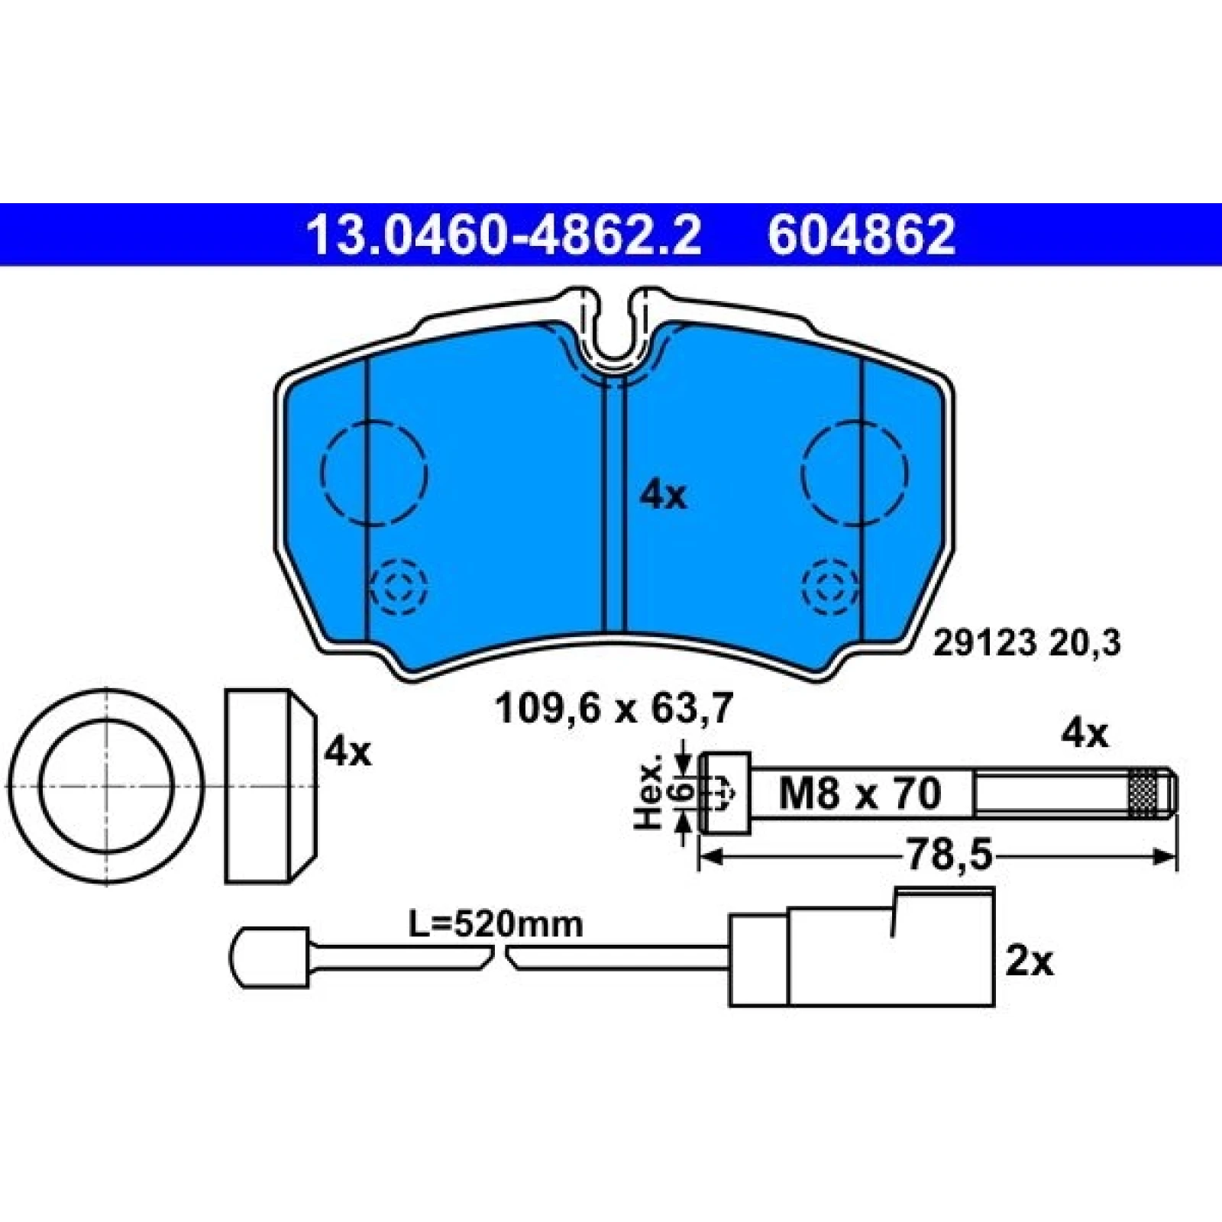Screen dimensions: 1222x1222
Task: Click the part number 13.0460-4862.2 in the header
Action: click(x=503, y=234)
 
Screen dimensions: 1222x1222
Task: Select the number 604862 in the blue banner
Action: click(x=861, y=234)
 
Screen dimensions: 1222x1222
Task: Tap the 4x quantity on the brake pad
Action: click(x=663, y=496)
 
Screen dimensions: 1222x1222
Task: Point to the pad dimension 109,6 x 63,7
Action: click(x=614, y=708)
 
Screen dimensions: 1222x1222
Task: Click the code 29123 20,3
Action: click(x=1027, y=643)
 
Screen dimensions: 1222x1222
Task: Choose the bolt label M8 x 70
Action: click(x=860, y=793)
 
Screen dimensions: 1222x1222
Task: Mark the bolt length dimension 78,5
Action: click(x=949, y=856)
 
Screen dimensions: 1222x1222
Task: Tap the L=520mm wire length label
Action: click(x=496, y=925)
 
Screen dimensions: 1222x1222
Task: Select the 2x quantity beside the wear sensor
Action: click(x=1029, y=962)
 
